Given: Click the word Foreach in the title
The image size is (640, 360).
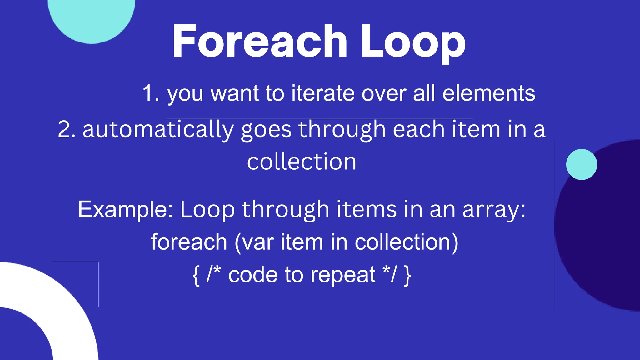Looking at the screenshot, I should [x=259, y=42].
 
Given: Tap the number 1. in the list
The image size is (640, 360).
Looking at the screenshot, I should [x=151, y=93].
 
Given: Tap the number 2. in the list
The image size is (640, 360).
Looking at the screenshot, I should [x=67, y=129].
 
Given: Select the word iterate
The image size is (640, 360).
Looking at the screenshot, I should [x=323, y=93].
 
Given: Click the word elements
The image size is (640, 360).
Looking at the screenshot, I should [x=489, y=93].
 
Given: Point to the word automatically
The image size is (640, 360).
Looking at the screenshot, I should [x=158, y=129].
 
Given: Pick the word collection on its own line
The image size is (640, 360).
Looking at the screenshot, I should [x=302, y=162].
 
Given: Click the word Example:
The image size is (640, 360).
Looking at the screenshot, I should [x=125, y=209].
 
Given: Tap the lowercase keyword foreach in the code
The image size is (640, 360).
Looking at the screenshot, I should [x=189, y=242].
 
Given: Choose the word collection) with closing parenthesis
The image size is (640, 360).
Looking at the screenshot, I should [x=407, y=242].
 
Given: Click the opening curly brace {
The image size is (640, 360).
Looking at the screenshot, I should [x=196, y=275].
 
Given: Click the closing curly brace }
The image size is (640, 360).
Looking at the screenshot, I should [x=407, y=275].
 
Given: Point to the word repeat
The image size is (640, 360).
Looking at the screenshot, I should [x=343, y=275].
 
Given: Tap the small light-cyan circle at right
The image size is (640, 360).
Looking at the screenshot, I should [x=581, y=164].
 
